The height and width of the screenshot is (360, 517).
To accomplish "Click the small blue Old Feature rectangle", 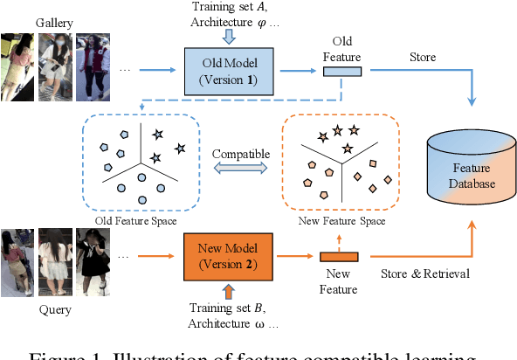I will (x=342, y=71).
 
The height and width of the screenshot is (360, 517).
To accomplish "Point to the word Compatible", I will (x=240, y=153).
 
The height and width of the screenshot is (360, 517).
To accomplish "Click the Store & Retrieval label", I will (x=425, y=273).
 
